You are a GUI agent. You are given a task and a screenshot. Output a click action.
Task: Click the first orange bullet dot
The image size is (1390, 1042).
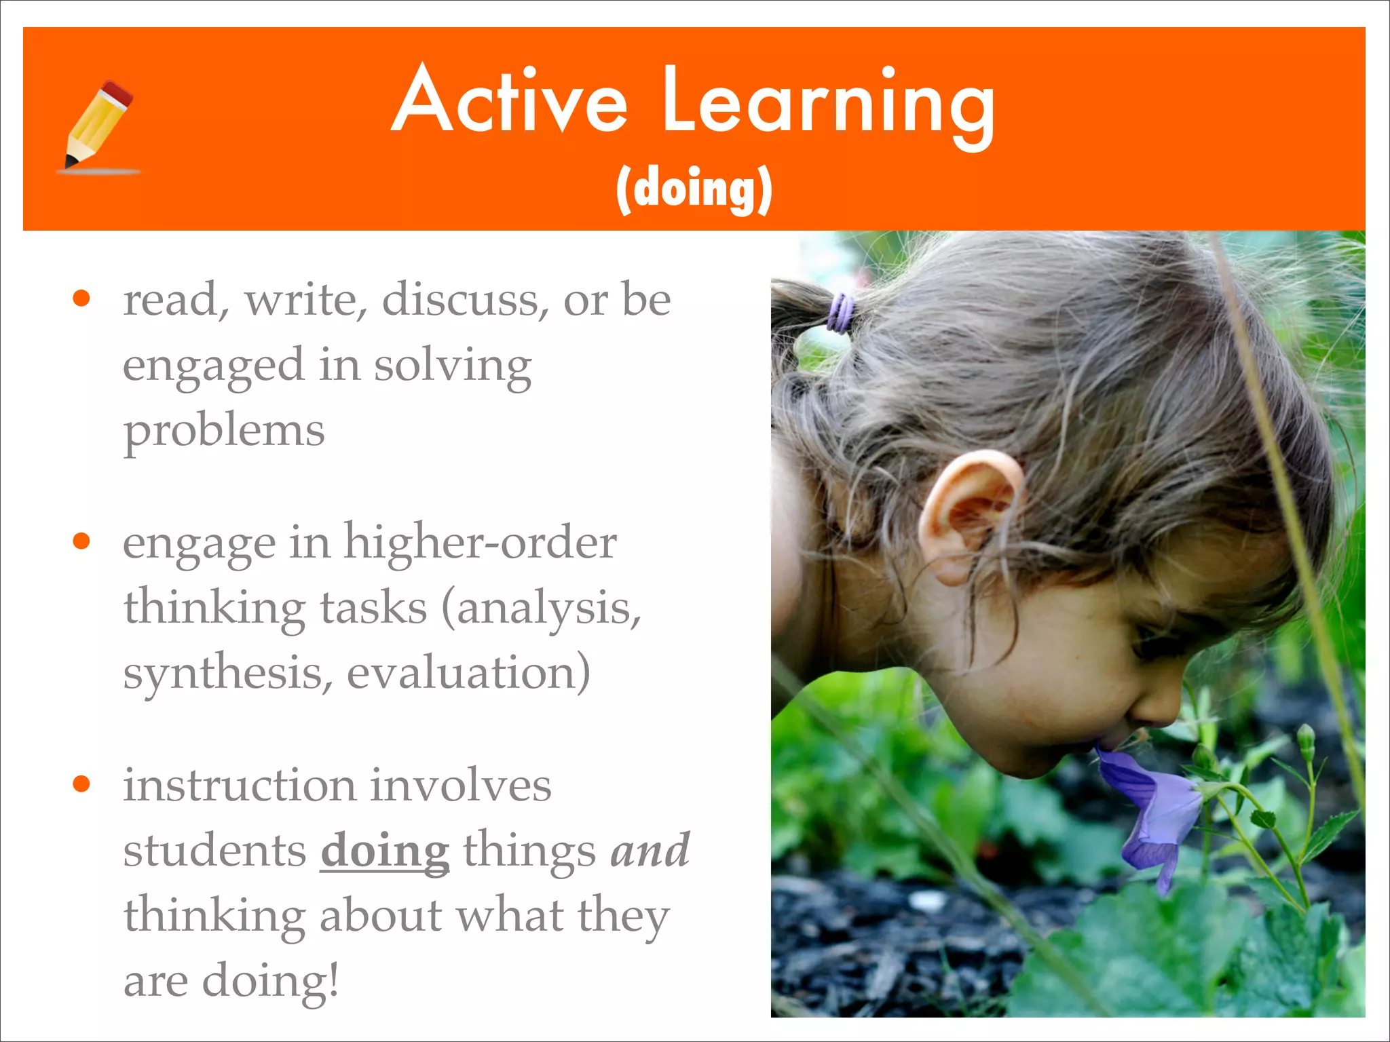[x=81, y=298]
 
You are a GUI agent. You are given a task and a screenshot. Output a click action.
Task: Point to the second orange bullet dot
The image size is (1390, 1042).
[x=81, y=541]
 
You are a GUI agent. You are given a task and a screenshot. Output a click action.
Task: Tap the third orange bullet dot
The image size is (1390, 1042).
[x=81, y=784]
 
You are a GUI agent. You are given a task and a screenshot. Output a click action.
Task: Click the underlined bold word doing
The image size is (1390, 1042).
[x=385, y=851]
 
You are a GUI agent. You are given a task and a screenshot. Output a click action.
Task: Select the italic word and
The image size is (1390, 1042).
[x=650, y=850]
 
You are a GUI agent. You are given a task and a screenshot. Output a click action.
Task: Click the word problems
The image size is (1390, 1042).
[x=224, y=431]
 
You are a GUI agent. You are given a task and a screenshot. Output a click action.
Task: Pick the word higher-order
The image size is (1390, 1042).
[x=480, y=543]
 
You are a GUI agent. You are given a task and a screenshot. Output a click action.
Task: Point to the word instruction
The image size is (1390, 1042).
[x=239, y=785]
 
